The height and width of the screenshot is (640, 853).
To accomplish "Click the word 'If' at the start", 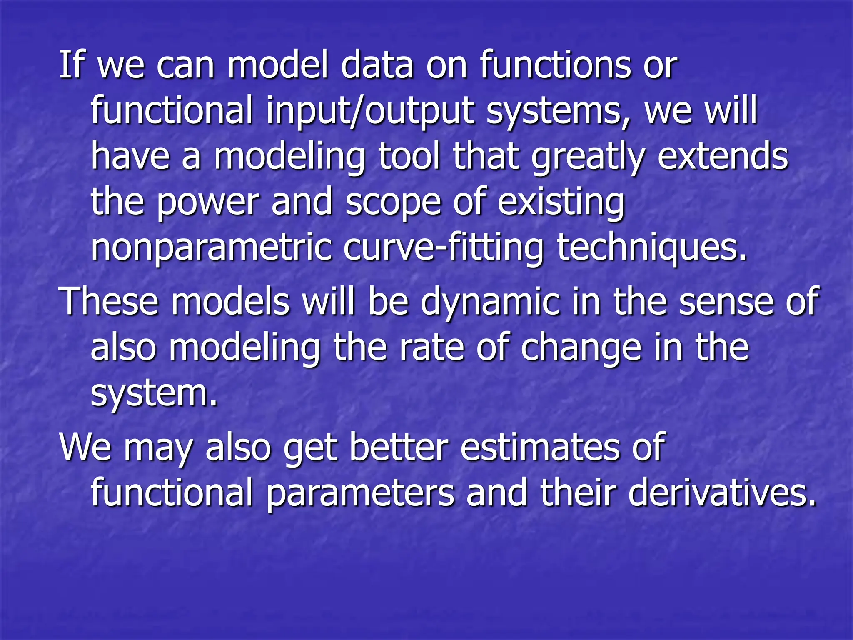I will [x=71, y=65].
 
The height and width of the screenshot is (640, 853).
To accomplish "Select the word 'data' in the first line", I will [x=377, y=65].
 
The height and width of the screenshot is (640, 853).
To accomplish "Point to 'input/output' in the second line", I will [x=370, y=112].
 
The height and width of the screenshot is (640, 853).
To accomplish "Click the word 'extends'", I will [x=723, y=157].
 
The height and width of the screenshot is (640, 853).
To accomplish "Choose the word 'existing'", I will [x=561, y=203].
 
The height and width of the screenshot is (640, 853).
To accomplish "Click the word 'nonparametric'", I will [x=212, y=249].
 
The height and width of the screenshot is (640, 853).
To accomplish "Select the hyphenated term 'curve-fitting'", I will [x=444, y=248].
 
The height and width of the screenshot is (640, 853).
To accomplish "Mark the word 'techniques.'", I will [x=652, y=248].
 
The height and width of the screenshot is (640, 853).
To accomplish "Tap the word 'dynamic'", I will [x=490, y=302].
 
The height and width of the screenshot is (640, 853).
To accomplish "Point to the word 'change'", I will [x=581, y=348].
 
